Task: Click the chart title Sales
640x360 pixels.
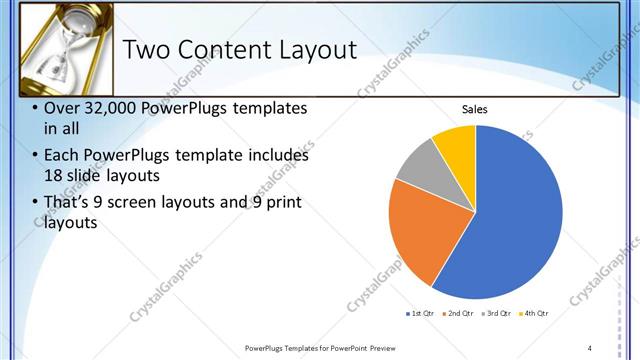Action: point(475,110)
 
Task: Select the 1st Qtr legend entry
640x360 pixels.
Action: point(419,314)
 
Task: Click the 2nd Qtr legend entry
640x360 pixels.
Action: point(458,314)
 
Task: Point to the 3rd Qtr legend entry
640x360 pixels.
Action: point(497,314)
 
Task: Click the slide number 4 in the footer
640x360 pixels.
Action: point(590,348)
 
